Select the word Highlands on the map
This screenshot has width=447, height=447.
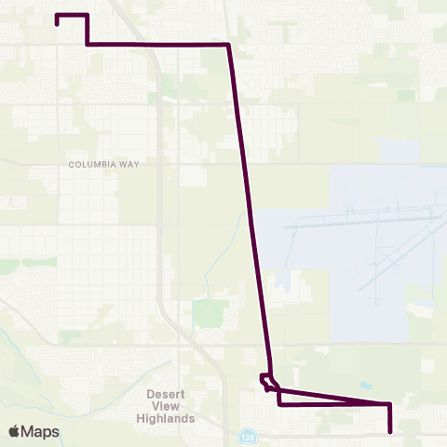171,418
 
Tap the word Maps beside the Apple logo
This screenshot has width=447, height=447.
41,431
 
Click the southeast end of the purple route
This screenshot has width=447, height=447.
390,432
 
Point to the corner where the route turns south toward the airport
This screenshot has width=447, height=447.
229,45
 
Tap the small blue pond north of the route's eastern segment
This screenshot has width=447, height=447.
364,386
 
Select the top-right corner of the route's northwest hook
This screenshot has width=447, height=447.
87,15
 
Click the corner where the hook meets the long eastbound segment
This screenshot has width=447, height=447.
87,44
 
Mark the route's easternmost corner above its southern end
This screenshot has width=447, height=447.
390,404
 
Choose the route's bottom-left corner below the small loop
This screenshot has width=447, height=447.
279,404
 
